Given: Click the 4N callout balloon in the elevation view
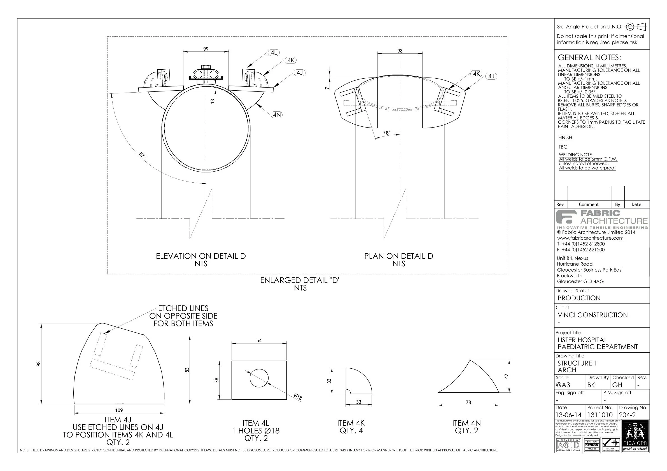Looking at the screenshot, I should (x=277, y=115).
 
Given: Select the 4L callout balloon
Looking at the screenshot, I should (x=274, y=53).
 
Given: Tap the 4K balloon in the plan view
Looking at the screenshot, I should (x=476, y=74).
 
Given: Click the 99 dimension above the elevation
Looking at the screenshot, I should (x=206, y=49).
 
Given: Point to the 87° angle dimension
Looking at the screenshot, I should (x=142, y=155).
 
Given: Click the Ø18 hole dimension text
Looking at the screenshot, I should (x=298, y=397).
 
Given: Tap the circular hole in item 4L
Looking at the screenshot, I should (x=259, y=378).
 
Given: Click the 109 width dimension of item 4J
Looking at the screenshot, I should (x=119, y=410).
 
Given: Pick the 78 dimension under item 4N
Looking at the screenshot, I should (x=468, y=402).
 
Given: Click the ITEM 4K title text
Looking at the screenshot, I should (x=351, y=423).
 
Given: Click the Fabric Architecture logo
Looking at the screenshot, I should (x=602, y=219).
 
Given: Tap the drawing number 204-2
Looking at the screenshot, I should (x=627, y=415).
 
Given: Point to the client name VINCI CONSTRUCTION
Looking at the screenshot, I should (x=593, y=315).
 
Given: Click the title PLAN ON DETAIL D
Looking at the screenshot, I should (x=398, y=256).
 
